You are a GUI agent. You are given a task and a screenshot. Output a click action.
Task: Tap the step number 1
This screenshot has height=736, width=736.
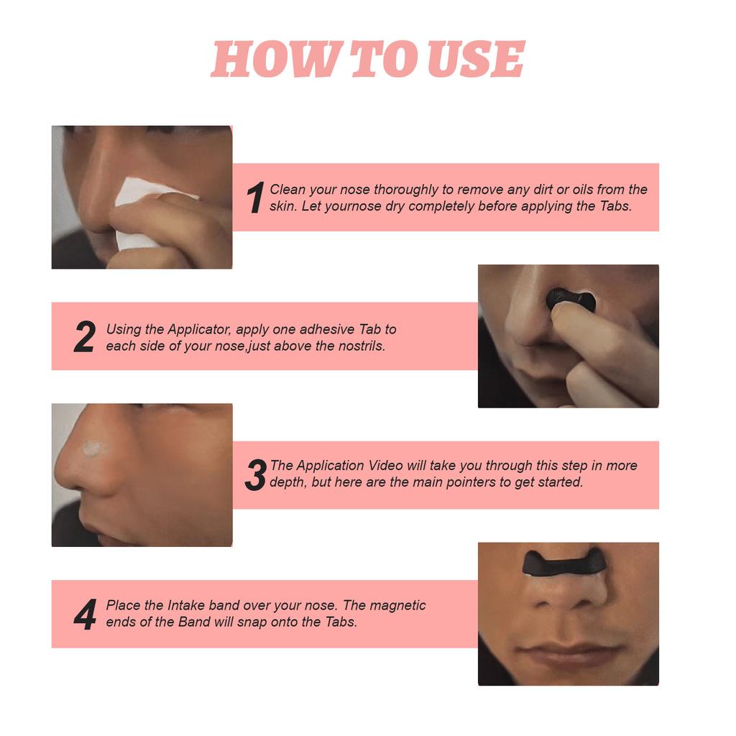tap(254, 198)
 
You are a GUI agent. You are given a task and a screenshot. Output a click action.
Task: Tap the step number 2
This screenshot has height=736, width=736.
tap(84, 336)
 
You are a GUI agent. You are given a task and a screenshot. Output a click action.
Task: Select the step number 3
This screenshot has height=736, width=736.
tap(255, 475)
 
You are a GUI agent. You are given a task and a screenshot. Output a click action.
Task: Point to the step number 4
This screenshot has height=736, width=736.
tap(85, 615)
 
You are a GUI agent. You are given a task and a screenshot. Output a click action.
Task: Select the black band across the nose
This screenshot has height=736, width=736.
tap(563, 563)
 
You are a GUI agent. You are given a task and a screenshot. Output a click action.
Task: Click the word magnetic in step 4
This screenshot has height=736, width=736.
tap(398, 605)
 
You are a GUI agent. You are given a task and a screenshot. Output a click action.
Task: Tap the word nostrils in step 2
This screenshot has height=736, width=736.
tap(362, 346)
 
